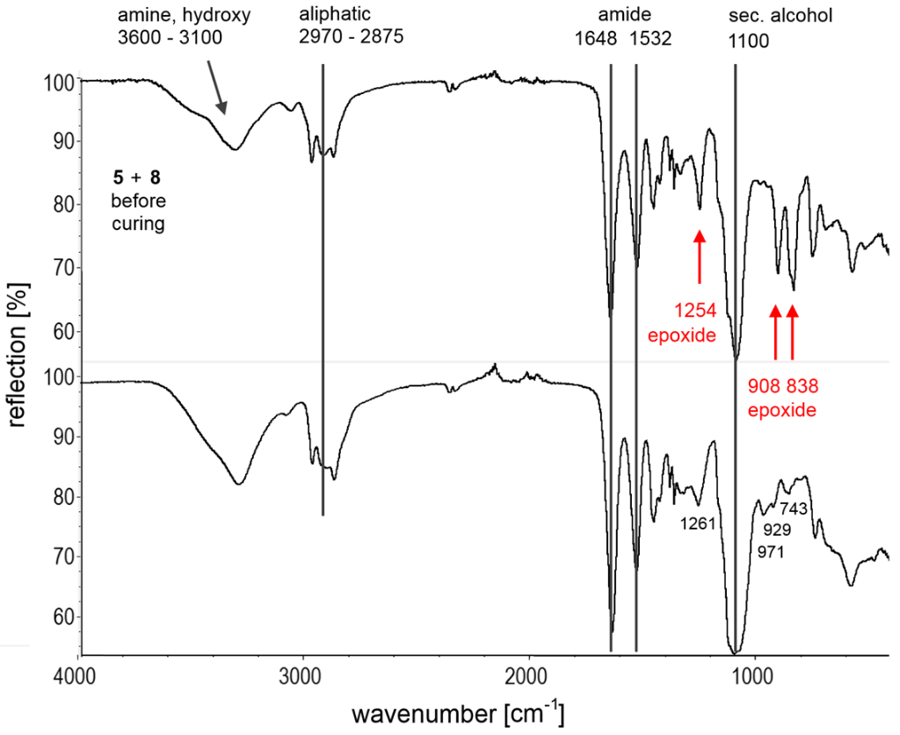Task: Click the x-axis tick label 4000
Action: tap(80, 678)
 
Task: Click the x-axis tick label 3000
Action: tap(303, 678)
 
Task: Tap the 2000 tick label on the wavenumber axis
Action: tap(528, 678)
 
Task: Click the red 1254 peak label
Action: tap(691, 310)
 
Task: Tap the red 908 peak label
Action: tap(764, 386)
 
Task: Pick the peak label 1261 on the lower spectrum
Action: tap(698, 523)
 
